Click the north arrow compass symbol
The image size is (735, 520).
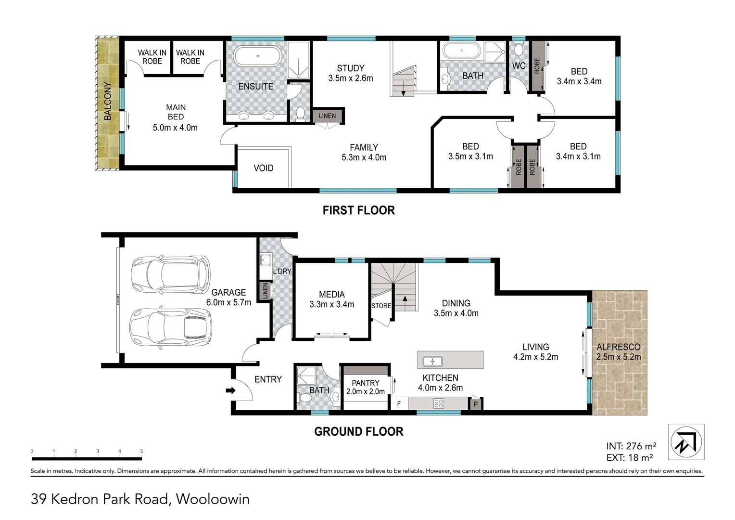(x=686, y=442)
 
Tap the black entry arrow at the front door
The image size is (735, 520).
(x=231, y=390)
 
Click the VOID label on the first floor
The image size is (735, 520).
(x=264, y=168)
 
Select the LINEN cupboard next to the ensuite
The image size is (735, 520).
(x=327, y=116)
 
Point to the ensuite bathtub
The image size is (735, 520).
(x=257, y=56)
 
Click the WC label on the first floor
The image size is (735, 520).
(x=519, y=65)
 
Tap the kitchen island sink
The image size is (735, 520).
(x=432, y=361)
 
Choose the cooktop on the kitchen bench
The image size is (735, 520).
(x=439, y=403)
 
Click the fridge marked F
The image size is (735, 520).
(x=399, y=403)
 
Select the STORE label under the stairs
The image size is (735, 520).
(x=381, y=305)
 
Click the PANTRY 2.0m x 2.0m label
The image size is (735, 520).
(x=366, y=387)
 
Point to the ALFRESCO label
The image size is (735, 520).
(x=619, y=347)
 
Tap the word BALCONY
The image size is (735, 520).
(x=107, y=101)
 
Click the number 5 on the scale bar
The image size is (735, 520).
(x=142, y=451)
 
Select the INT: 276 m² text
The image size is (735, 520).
(x=631, y=446)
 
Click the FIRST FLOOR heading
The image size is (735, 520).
(x=359, y=210)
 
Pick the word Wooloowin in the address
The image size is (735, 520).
(x=213, y=499)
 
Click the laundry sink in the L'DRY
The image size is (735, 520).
(x=266, y=260)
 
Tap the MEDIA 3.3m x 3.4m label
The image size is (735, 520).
(x=332, y=299)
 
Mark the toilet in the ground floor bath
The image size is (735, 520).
(x=305, y=398)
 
